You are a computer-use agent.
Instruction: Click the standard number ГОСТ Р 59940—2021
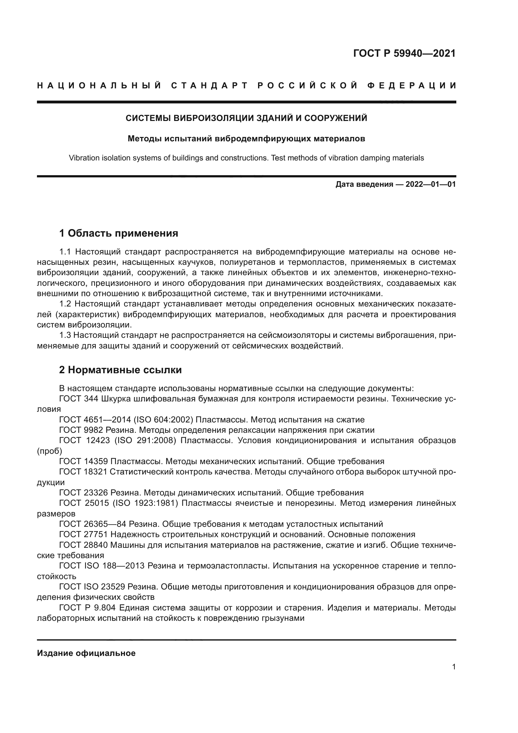pyautogui.click(x=404, y=53)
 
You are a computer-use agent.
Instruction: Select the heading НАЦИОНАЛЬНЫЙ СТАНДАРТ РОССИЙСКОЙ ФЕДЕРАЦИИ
pyautogui.click(x=246, y=86)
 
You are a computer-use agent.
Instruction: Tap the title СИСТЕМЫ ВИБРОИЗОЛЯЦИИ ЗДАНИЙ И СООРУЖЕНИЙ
pyautogui.click(x=246, y=118)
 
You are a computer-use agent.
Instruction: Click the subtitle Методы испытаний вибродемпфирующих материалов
pyautogui.click(x=246, y=139)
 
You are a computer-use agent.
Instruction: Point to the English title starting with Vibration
pyautogui.click(x=246, y=158)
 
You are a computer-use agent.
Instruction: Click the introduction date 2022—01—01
pyautogui.click(x=430, y=184)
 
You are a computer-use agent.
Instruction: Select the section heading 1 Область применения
pyautogui.click(x=119, y=233)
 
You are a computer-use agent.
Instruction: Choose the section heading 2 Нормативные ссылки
pyautogui.click(x=121, y=370)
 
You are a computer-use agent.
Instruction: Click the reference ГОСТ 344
pyautogui.click(x=78, y=399)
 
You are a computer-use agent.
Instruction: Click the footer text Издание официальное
pyautogui.click(x=86, y=653)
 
